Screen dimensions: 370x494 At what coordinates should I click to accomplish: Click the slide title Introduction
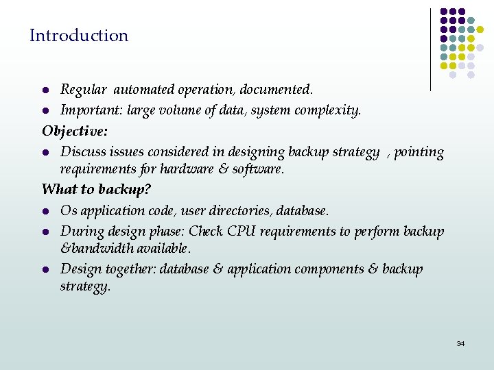[x=79, y=36]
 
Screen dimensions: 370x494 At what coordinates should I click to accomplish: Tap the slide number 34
[x=460, y=343]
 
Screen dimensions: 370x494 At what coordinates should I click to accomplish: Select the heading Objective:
[x=75, y=130]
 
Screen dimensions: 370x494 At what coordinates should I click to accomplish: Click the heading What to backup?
[x=96, y=188]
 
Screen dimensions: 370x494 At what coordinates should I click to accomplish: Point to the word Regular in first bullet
[x=83, y=90]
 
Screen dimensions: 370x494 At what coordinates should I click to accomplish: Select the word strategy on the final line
[x=84, y=286]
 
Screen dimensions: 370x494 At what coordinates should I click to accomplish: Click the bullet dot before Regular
[x=45, y=90]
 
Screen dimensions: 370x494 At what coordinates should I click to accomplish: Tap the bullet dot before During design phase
[x=45, y=232]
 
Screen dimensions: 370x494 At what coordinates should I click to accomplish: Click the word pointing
[x=419, y=152]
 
